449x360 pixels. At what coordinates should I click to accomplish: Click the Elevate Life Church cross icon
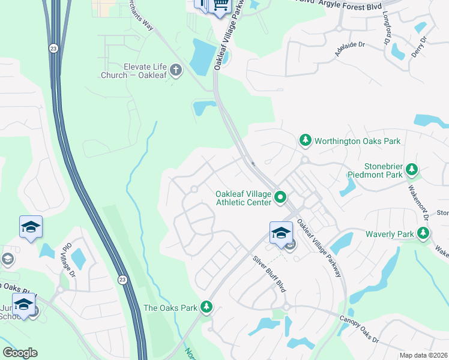[x=176, y=71]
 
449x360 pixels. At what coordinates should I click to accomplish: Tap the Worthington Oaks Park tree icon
[x=306, y=141]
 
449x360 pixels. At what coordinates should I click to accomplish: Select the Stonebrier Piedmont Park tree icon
[x=412, y=170]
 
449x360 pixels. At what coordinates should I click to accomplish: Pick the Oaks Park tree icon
[x=206, y=307]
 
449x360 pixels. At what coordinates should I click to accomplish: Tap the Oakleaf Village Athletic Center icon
[x=280, y=197]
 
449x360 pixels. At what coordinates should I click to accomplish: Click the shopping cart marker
[x=220, y=5]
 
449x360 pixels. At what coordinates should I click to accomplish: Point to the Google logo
[x=20, y=353]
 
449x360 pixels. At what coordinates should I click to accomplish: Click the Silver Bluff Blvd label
[x=269, y=274]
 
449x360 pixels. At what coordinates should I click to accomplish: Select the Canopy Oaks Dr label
[x=358, y=329]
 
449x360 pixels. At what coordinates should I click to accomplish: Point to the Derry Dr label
[x=423, y=47]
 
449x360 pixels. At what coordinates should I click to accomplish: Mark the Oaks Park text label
[x=170, y=308]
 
